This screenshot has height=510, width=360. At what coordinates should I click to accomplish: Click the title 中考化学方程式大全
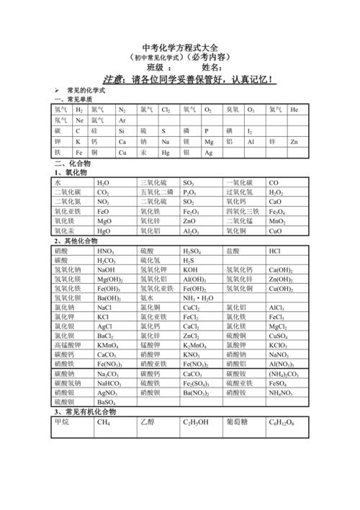179,44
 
